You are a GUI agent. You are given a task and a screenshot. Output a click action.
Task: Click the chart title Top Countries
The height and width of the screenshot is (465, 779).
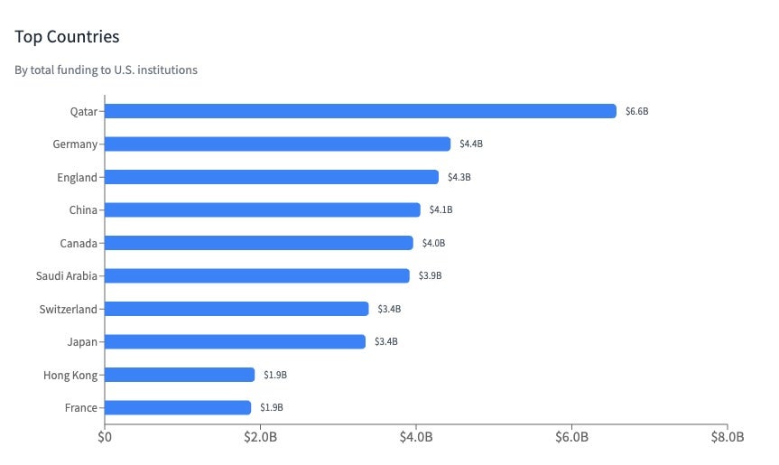tap(68, 37)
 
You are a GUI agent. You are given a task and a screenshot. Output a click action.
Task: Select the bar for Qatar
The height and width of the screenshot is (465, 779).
tap(360, 111)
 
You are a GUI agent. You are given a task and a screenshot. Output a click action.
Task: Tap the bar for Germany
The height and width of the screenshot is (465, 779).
tap(277, 144)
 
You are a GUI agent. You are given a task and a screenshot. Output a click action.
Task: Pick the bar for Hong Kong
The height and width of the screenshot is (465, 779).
tap(180, 375)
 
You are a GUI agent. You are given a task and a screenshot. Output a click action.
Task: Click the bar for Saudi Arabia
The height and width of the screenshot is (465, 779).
tap(256, 275)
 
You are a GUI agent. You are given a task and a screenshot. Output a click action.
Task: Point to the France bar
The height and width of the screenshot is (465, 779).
tap(178, 407)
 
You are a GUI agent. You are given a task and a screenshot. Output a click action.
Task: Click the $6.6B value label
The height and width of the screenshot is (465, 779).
tap(636, 111)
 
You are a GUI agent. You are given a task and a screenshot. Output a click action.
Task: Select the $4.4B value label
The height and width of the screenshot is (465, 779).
tap(471, 144)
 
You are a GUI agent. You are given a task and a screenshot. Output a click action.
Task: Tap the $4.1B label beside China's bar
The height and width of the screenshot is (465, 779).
tap(441, 210)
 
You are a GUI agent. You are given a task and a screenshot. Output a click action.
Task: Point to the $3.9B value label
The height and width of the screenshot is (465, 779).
tap(430, 275)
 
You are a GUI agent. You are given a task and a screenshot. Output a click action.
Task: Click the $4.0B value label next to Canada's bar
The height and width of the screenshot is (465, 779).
tap(433, 243)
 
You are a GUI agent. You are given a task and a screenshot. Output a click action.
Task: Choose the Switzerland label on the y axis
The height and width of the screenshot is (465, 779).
tap(68, 309)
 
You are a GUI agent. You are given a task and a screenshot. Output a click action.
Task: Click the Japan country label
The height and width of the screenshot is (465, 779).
tap(81, 341)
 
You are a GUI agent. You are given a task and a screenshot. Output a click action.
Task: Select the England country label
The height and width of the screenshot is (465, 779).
tap(77, 177)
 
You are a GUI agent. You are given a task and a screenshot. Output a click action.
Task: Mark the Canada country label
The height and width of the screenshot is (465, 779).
tap(79, 243)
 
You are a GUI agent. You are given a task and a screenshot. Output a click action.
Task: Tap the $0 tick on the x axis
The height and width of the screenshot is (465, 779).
tap(105, 438)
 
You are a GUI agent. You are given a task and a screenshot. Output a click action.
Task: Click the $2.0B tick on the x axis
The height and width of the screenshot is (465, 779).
tap(260, 438)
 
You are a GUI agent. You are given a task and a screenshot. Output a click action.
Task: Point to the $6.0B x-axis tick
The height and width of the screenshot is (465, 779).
tap(571, 438)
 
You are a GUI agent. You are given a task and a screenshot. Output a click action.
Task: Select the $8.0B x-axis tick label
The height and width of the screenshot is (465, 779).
tap(727, 438)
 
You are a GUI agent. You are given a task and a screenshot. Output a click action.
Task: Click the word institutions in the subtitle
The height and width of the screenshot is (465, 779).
tap(170, 70)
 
